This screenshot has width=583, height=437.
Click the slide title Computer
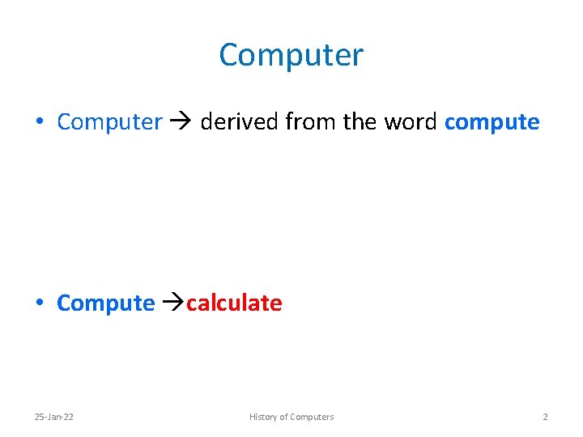tap(291, 55)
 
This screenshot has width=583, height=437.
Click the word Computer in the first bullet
tap(110, 122)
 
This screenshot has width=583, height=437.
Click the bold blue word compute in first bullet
tap(492, 122)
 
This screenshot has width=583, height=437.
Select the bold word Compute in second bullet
tap(106, 303)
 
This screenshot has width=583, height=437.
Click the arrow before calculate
tap(173, 303)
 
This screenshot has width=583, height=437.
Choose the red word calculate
tap(234, 303)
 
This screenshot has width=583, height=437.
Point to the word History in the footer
tap(262, 417)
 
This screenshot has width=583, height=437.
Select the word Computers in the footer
tap(311, 417)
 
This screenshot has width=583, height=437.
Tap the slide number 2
tap(545, 417)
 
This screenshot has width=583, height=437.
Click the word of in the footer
tap(283, 417)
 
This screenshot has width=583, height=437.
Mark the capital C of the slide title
tap(230, 55)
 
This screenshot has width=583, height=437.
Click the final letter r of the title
tap(359, 57)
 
